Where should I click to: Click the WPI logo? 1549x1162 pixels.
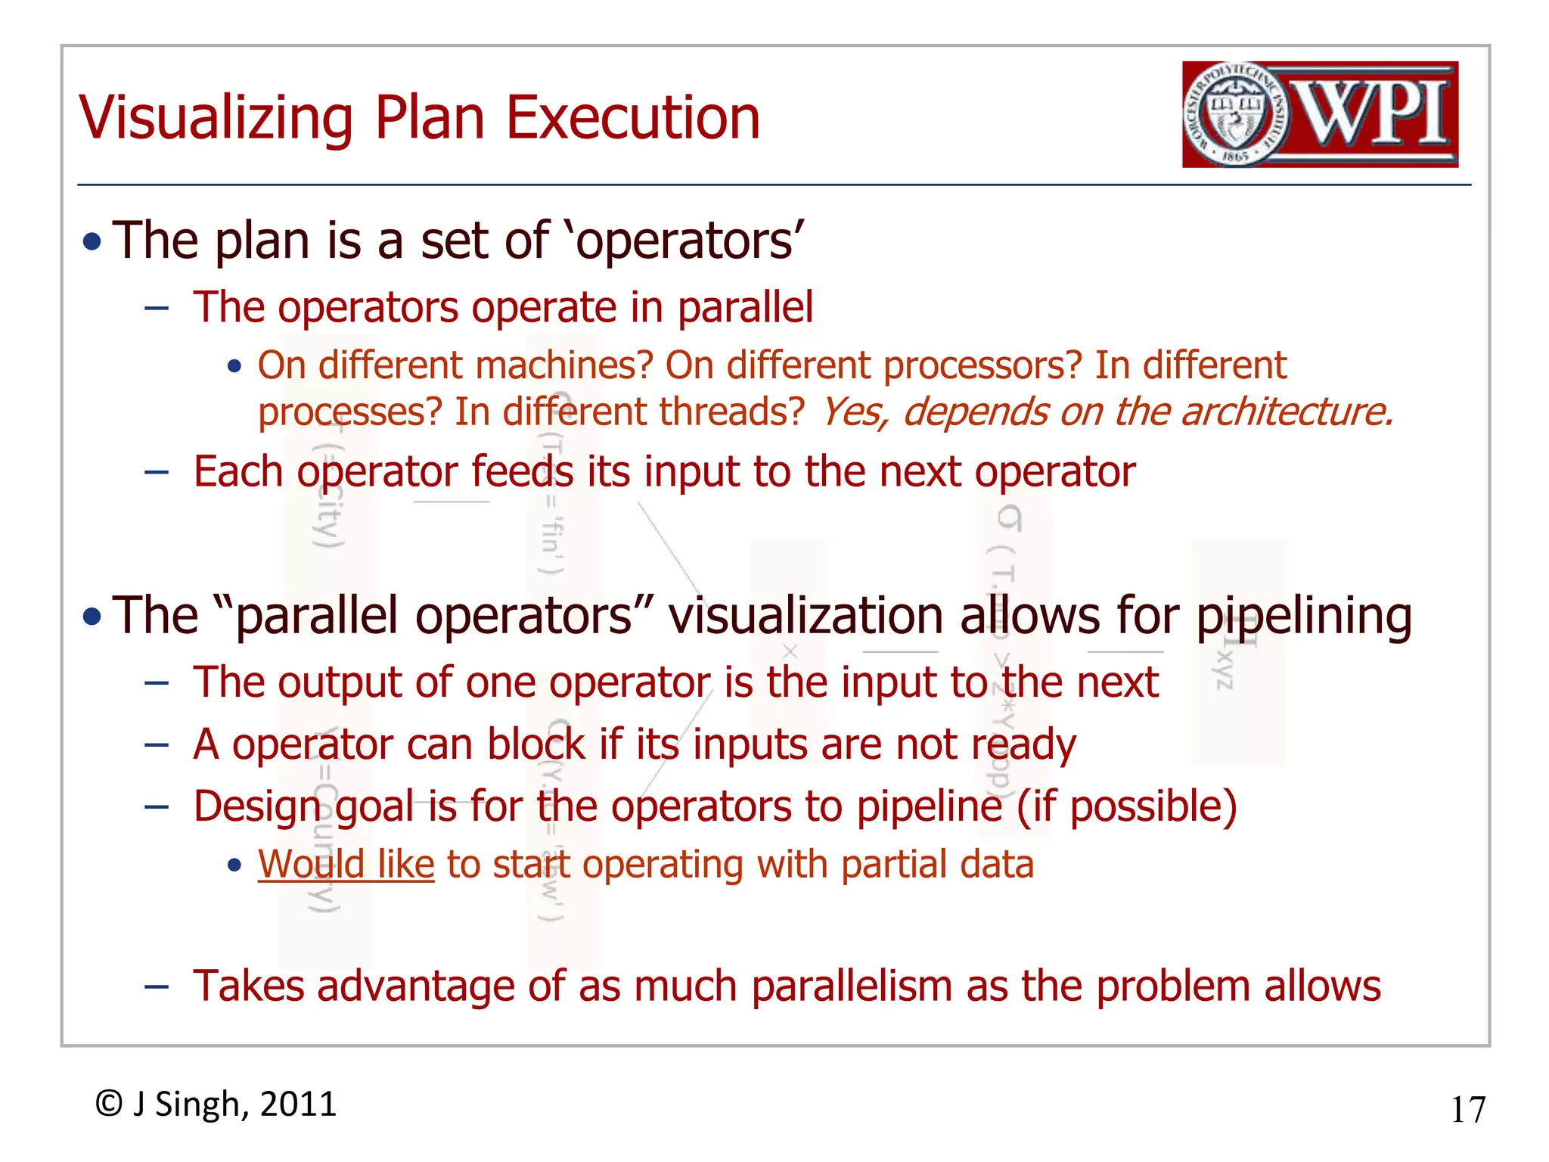[1320, 114]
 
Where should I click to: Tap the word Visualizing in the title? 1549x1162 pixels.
[216, 118]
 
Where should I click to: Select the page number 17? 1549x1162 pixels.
[1467, 1110]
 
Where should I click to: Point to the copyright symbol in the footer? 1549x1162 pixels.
[109, 1104]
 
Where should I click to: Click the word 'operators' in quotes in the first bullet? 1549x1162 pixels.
[685, 241]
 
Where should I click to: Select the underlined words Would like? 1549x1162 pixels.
[346, 864]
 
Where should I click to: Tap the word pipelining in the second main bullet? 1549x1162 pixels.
[1303, 616]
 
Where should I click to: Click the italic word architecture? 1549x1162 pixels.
[1286, 412]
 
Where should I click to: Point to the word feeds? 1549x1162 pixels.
[523, 472]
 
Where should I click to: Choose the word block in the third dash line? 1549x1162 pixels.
[536, 744]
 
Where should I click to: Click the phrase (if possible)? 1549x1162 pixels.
[1126, 806]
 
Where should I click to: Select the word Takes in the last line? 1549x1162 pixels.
[248, 986]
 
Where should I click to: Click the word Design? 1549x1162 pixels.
[257, 806]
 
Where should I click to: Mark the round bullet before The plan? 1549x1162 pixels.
[92, 242]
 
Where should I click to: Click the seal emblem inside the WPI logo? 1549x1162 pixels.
[1235, 115]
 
